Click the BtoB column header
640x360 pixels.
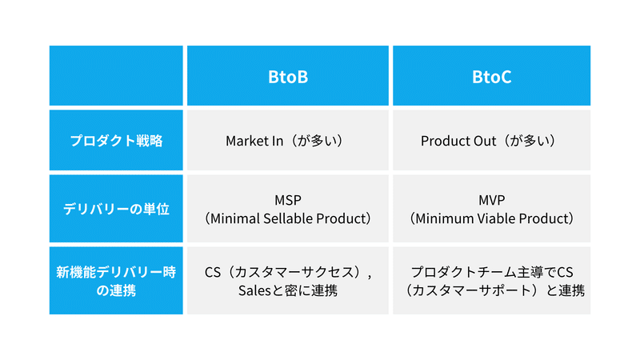click(288, 77)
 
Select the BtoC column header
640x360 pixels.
click(491, 77)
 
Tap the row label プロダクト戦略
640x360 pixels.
click(116, 141)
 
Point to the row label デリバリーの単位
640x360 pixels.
click(116, 209)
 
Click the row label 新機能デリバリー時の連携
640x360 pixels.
click(116, 281)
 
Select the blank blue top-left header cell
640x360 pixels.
click(116, 75)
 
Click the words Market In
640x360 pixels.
click(254, 141)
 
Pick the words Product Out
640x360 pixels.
click(458, 141)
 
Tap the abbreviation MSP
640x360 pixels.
click(288, 200)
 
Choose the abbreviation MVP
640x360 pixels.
click(491, 200)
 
